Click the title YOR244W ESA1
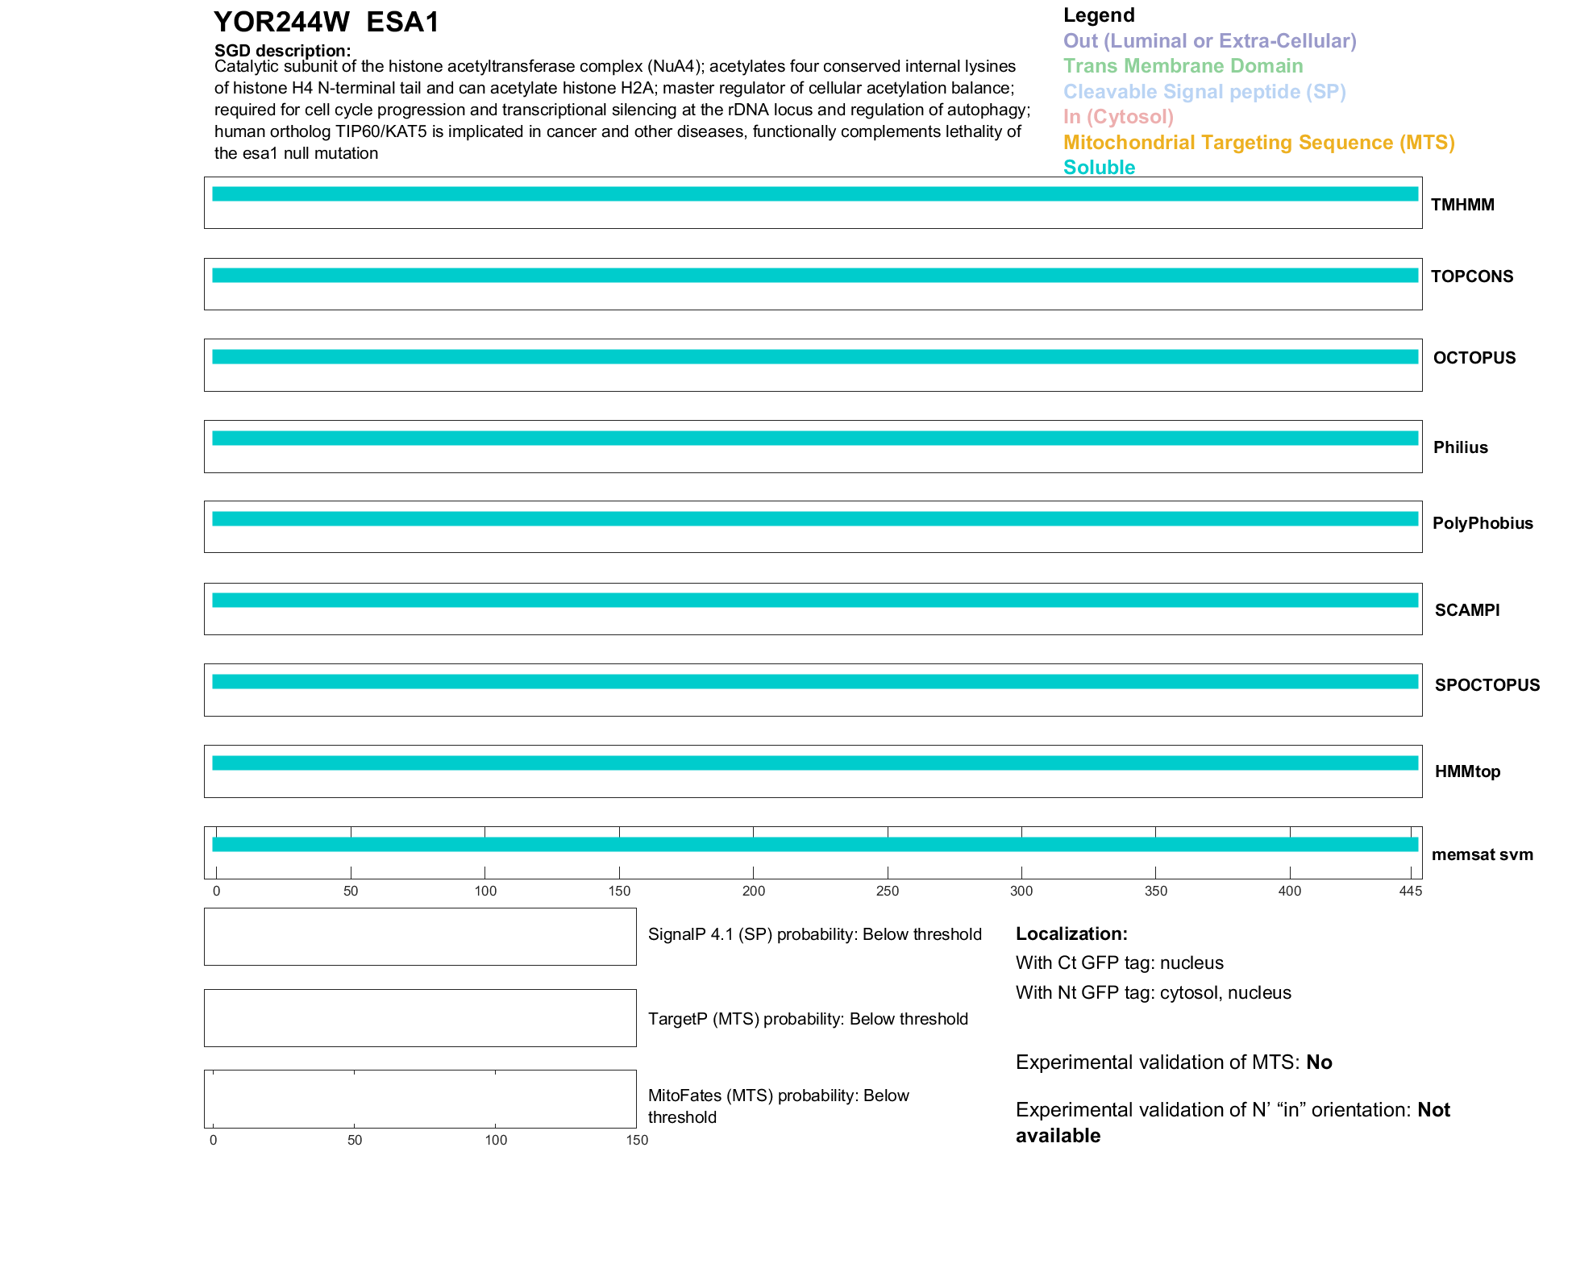click(326, 23)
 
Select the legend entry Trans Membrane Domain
click(1183, 66)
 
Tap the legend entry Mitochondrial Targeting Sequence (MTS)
click(1258, 143)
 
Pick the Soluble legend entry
click(1099, 168)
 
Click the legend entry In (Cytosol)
click(1118, 117)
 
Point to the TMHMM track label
click(1462, 205)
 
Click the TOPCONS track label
click(1471, 276)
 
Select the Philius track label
click(1460, 447)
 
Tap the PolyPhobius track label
click(1482, 523)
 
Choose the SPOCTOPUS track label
click(1487, 685)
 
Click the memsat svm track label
click(1482, 854)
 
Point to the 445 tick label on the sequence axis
click(1410, 891)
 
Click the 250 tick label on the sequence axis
click(887, 891)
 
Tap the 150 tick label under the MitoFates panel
click(636, 1140)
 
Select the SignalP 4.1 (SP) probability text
click(814, 934)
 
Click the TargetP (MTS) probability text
click(808, 1019)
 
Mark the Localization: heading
click(1071, 933)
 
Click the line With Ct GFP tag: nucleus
click(1119, 962)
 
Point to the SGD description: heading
click(282, 51)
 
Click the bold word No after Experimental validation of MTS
click(1319, 1062)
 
